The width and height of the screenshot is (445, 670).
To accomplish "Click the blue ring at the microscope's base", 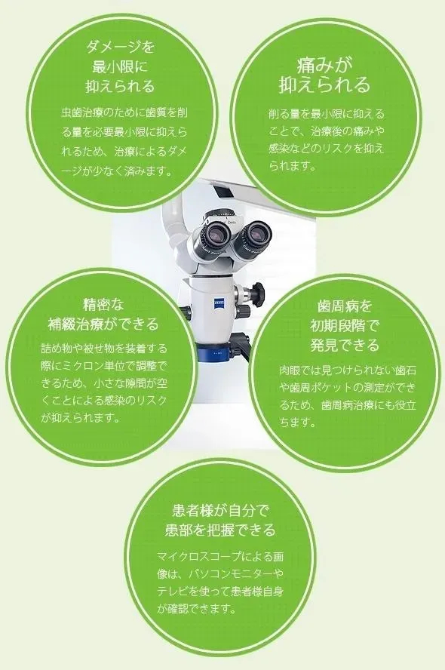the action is (216, 353).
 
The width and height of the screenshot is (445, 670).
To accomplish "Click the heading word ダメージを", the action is (121, 47).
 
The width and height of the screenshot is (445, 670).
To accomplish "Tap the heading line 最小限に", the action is (120, 66).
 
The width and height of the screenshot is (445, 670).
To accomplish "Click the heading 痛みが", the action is (324, 65).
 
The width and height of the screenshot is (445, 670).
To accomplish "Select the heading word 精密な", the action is (103, 305).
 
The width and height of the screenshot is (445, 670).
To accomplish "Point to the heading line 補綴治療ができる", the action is (103, 324).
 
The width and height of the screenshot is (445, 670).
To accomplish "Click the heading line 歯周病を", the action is (345, 306).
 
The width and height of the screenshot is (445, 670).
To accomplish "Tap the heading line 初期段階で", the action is (345, 326).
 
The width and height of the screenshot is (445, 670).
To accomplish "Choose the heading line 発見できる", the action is (345, 345).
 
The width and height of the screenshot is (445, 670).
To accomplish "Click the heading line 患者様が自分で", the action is (220, 510).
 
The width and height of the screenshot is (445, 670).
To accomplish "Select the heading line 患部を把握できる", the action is (220, 530).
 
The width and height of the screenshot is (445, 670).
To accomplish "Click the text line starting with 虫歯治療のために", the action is (124, 113).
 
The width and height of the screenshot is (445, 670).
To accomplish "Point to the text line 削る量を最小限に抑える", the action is (327, 114).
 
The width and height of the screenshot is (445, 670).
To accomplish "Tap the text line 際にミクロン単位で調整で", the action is (104, 366).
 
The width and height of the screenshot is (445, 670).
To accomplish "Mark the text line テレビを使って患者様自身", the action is (220, 591).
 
